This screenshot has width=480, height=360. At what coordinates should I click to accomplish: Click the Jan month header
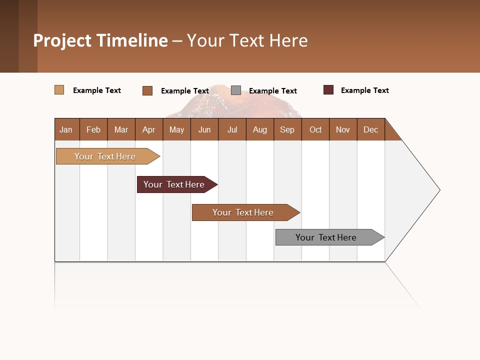pyautogui.click(x=66, y=129)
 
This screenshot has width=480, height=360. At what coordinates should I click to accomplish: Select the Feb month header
pyautogui.click(x=93, y=129)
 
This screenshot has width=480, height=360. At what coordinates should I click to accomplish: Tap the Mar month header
pyautogui.click(x=121, y=129)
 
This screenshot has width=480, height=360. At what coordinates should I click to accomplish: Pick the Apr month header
pyautogui.click(x=149, y=129)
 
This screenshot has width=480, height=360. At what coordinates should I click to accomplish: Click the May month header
pyautogui.click(x=176, y=129)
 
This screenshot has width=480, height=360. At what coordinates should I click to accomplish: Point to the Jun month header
pyautogui.click(x=204, y=129)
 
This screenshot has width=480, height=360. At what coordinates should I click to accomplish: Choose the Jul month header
pyautogui.click(x=232, y=129)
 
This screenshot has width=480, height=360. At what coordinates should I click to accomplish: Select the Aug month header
pyautogui.click(x=260, y=129)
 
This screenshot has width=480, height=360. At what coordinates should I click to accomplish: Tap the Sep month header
pyautogui.click(x=287, y=129)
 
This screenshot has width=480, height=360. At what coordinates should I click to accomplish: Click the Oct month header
pyautogui.click(x=315, y=129)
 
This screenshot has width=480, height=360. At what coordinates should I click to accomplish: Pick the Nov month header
pyautogui.click(x=343, y=129)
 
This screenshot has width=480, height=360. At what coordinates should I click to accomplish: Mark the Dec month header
pyautogui.click(x=371, y=129)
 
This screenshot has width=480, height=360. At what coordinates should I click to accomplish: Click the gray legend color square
pyautogui.click(x=236, y=90)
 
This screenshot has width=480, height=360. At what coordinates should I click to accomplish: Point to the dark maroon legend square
pyautogui.click(x=328, y=90)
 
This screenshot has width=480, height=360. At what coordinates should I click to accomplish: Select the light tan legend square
pyautogui.click(x=59, y=90)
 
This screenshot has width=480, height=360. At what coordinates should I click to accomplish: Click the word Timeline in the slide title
pyautogui.click(x=132, y=40)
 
